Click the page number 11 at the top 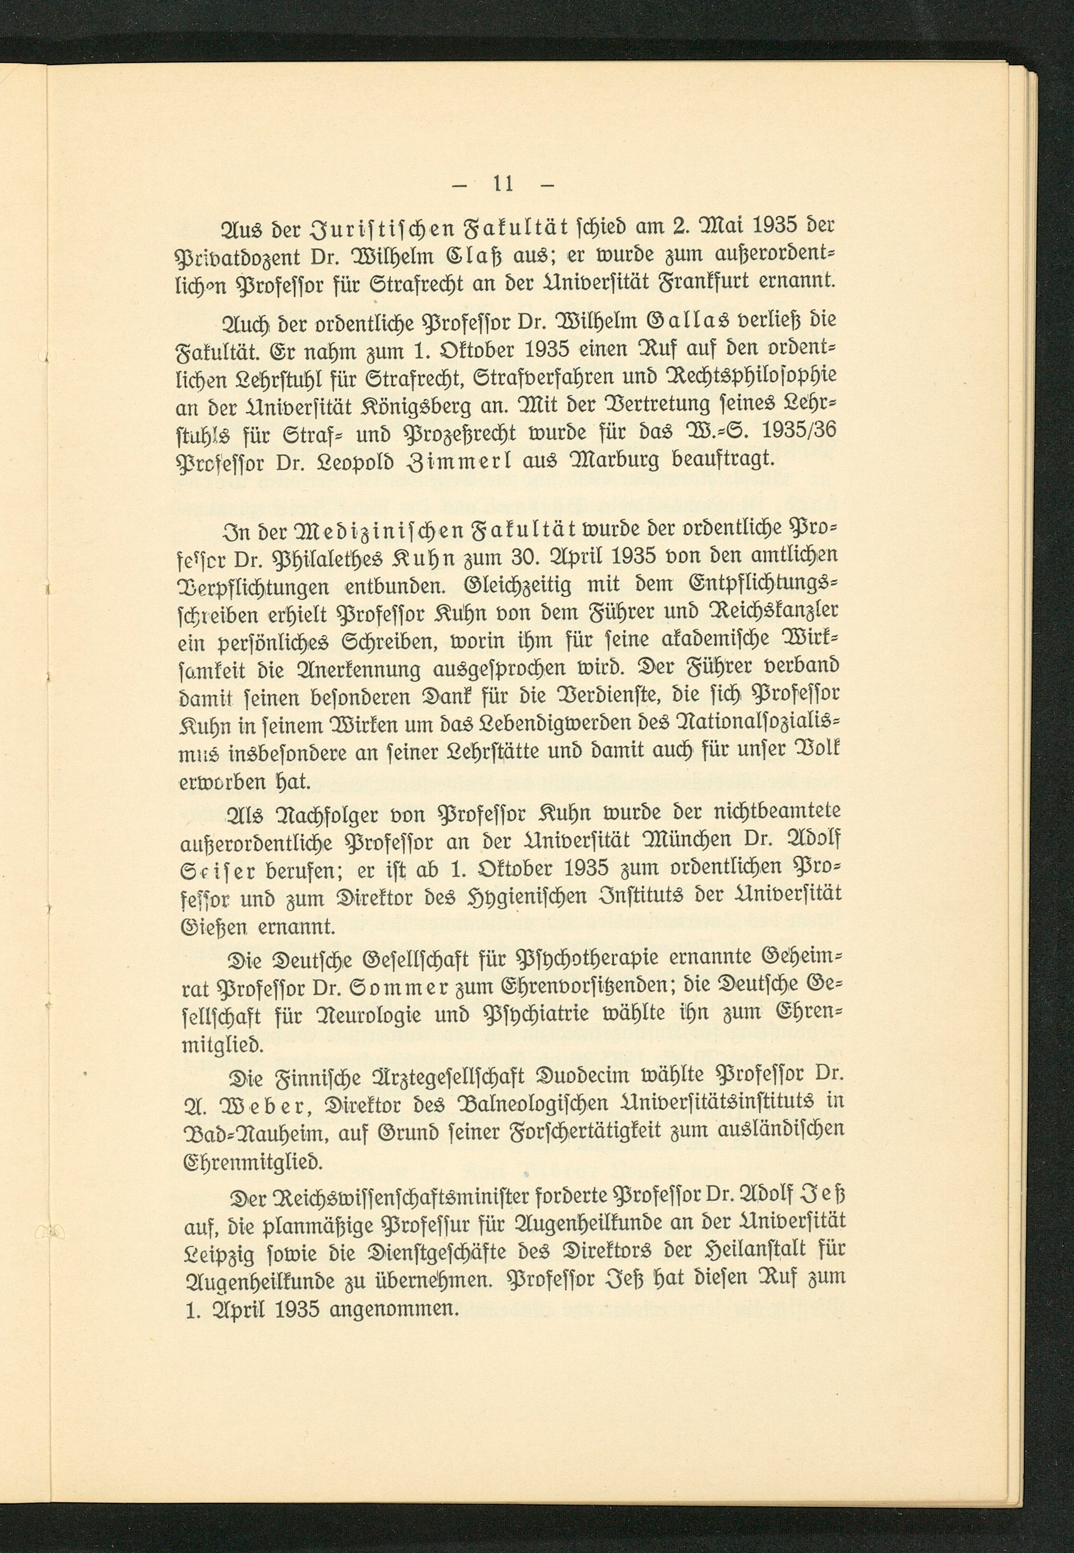[x=503, y=184]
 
